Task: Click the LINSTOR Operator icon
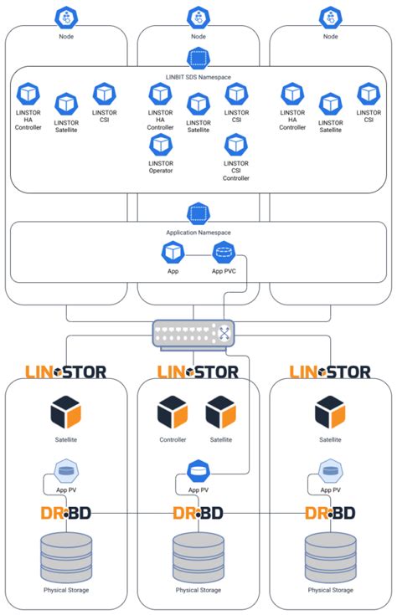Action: click(161, 145)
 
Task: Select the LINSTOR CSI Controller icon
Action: click(235, 145)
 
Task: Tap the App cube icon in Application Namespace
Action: click(173, 251)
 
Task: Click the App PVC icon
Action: click(224, 251)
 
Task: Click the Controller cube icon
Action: click(173, 413)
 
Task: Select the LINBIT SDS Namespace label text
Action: click(198, 77)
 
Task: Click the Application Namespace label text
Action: click(198, 232)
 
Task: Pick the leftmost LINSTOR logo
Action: click(65, 372)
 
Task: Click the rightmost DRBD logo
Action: click(330, 512)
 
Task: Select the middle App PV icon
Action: click(198, 472)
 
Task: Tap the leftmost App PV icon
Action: click(66, 472)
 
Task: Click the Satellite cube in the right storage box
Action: click(330, 413)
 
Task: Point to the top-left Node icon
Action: click(65, 17)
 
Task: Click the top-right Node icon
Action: click(330, 17)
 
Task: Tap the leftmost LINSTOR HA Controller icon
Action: click(29, 94)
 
